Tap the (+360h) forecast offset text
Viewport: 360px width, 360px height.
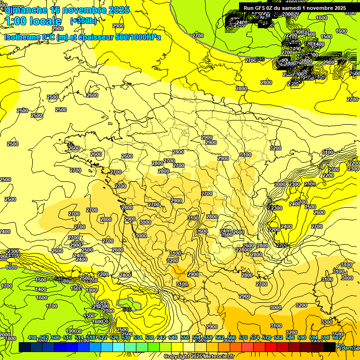(83, 21)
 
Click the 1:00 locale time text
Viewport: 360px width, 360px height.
(33, 21)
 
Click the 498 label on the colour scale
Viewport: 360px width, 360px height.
(32, 338)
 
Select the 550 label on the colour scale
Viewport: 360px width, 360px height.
(184, 338)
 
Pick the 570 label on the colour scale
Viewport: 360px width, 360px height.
(243, 338)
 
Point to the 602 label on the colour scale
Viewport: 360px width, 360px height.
(337, 338)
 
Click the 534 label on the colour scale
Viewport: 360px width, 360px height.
(137, 338)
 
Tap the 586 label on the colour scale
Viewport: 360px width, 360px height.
(290, 338)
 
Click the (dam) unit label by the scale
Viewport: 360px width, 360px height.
(347, 348)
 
